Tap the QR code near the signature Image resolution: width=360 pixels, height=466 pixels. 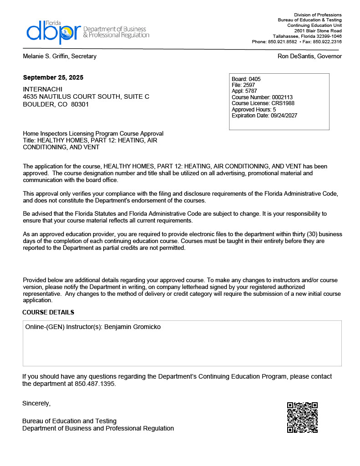302,417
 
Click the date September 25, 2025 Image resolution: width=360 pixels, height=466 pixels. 53,77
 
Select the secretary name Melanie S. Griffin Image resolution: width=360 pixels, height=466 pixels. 60,56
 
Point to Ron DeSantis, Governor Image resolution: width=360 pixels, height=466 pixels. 309,56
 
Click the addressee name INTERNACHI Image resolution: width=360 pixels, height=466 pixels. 42,89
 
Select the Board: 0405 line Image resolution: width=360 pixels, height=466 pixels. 246,79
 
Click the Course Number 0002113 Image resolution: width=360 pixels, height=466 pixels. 282,97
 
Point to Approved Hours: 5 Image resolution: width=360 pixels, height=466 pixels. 254,110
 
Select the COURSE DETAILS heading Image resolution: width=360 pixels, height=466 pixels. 48,312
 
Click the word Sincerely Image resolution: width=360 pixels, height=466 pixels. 36,403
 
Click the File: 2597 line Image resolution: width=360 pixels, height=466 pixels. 243,85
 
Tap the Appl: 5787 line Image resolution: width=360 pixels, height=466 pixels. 244,91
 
